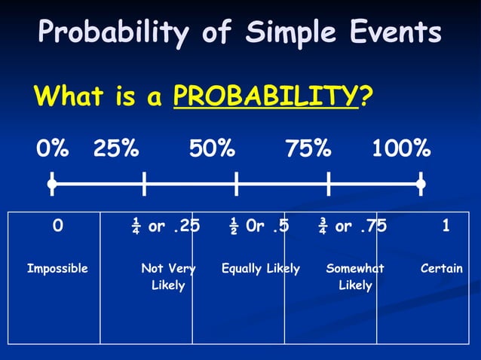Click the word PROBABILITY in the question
click(266, 96)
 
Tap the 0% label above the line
click(54, 148)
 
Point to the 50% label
click(212, 148)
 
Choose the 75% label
click(308, 148)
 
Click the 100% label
click(401, 148)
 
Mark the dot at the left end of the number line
click(51, 183)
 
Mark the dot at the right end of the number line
click(421, 183)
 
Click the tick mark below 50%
click(236, 183)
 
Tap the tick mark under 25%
click(143, 183)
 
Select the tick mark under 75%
click(329, 183)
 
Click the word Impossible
click(57, 268)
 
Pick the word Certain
click(442, 268)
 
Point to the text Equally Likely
click(260, 268)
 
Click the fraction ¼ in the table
click(136, 226)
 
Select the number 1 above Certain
click(446, 226)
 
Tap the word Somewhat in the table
click(355, 268)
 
